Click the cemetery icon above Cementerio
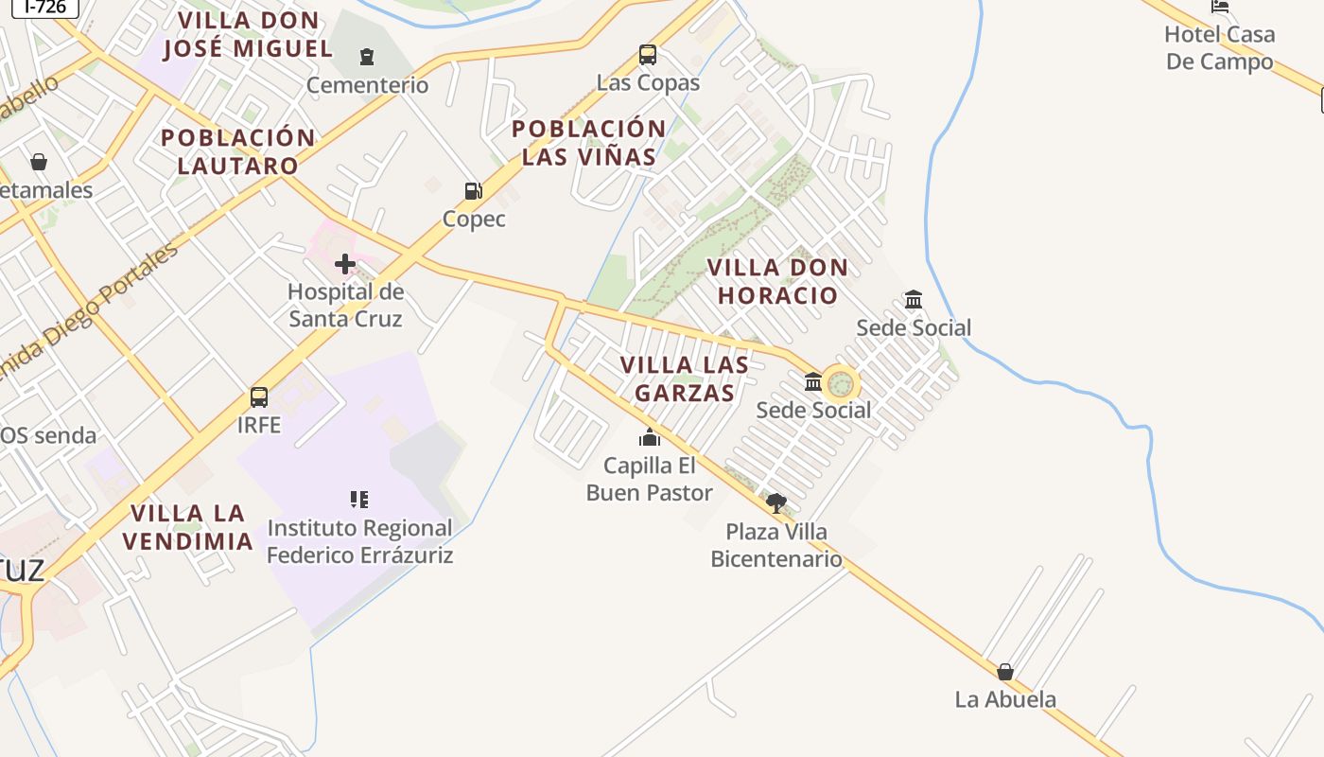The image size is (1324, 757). click(367, 57)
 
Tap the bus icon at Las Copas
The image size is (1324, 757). click(648, 55)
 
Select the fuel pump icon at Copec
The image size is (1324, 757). click(473, 191)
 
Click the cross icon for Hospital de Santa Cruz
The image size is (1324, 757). click(345, 264)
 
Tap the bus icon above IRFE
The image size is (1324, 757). click(259, 397)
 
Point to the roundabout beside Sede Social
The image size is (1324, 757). click(841, 384)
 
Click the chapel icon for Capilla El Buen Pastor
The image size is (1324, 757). click(650, 437)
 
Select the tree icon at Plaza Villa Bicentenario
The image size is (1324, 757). click(776, 503)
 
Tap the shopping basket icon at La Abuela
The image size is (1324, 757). click(1005, 672)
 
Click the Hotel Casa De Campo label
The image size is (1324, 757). click(1219, 48)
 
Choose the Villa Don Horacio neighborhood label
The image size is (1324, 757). click(777, 281)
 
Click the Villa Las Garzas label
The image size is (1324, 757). click(685, 378)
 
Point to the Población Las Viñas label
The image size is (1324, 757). click(589, 143)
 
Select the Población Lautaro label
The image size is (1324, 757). click(237, 151)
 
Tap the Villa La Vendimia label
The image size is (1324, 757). click(192, 527)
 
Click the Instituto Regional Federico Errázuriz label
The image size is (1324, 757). click(359, 541)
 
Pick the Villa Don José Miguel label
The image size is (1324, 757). click(248, 34)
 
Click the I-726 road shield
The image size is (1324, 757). click(45, 7)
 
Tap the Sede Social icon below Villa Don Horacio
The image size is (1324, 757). click(914, 300)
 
